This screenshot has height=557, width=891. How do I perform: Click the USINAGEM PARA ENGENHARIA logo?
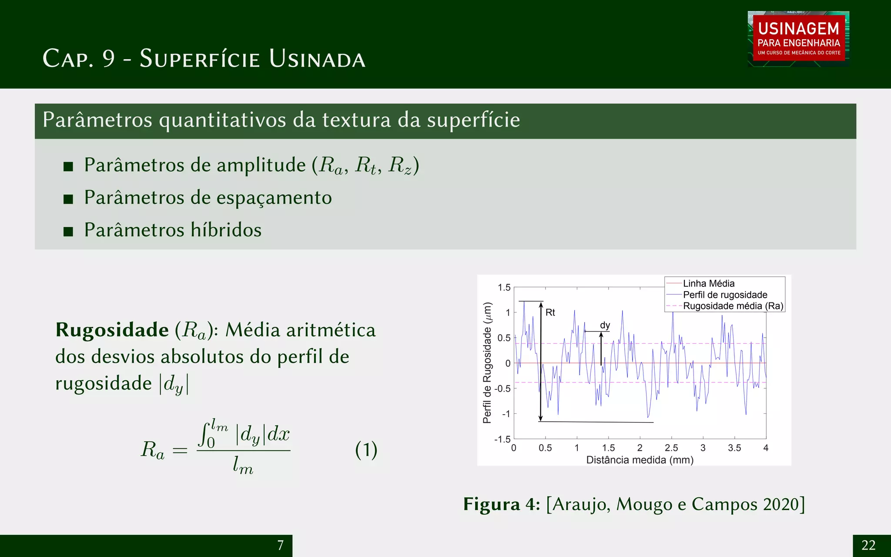[x=798, y=39]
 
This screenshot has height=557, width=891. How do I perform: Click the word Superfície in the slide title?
[x=200, y=58]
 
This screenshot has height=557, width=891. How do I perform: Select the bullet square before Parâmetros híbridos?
[x=68, y=231]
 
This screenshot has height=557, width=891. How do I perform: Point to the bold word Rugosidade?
[x=112, y=330]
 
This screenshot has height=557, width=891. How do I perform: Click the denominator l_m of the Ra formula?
[x=243, y=465]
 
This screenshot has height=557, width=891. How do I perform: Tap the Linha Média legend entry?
[x=708, y=283]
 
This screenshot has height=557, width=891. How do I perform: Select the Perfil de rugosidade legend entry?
[x=725, y=295]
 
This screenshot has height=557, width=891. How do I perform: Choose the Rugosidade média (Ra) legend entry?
[x=733, y=306]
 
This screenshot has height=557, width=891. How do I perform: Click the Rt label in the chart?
[x=550, y=312]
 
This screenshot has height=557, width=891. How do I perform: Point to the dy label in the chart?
[x=605, y=325]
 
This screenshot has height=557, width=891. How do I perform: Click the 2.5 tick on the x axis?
[x=671, y=448]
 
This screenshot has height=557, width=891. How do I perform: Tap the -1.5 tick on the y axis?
[x=502, y=439]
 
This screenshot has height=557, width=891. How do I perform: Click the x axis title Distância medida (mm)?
[x=640, y=460]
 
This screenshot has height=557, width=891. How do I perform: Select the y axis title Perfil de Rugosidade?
[x=487, y=362]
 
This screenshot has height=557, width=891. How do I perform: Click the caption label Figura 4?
[x=501, y=504]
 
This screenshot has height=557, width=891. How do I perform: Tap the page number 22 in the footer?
[x=868, y=545]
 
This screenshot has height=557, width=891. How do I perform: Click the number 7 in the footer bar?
[x=281, y=545]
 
